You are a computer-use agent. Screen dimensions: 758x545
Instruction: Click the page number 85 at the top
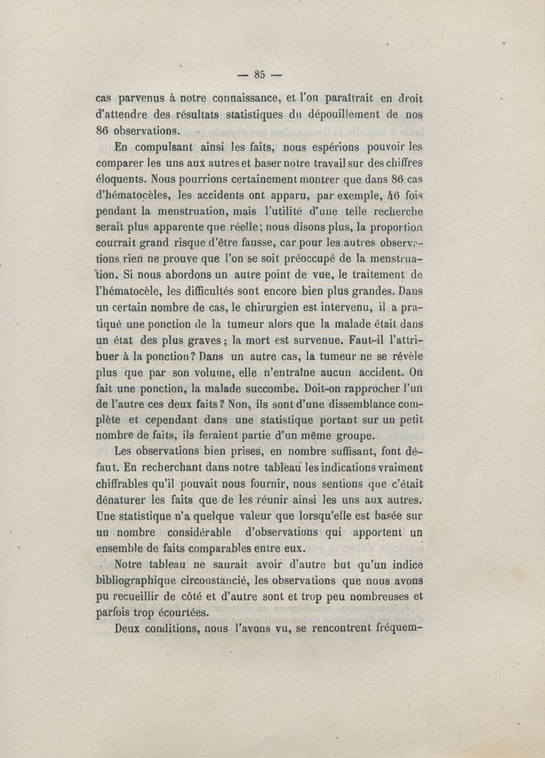pos(259,74)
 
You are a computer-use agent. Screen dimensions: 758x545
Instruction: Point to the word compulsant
pos(151,148)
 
